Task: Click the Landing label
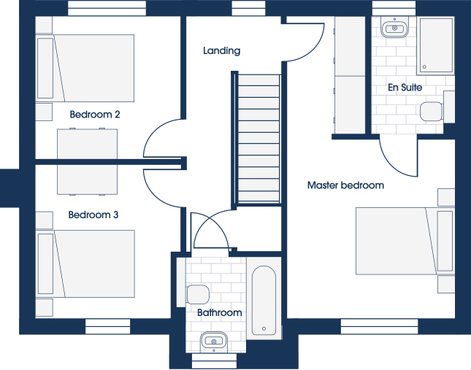[x=222, y=50]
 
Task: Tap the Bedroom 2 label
[x=95, y=115]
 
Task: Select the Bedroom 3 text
[x=93, y=215]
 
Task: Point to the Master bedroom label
[x=345, y=185]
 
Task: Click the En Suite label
[x=405, y=88]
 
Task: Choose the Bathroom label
[x=220, y=312]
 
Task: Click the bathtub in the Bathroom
[x=264, y=300]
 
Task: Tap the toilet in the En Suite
[x=432, y=111]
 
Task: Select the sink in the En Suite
[x=395, y=28]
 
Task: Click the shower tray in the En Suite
[x=436, y=45]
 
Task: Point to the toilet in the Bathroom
[x=198, y=294]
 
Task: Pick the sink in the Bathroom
[x=214, y=342]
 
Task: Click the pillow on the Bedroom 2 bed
[x=45, y=68]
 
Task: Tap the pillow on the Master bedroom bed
[x=445, y=241]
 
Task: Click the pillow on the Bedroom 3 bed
[x=46, y=263]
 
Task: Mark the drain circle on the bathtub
[x=264, y=328]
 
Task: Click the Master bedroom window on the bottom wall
[x=379, y=326]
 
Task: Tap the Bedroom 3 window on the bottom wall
[x=107, y=326]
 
